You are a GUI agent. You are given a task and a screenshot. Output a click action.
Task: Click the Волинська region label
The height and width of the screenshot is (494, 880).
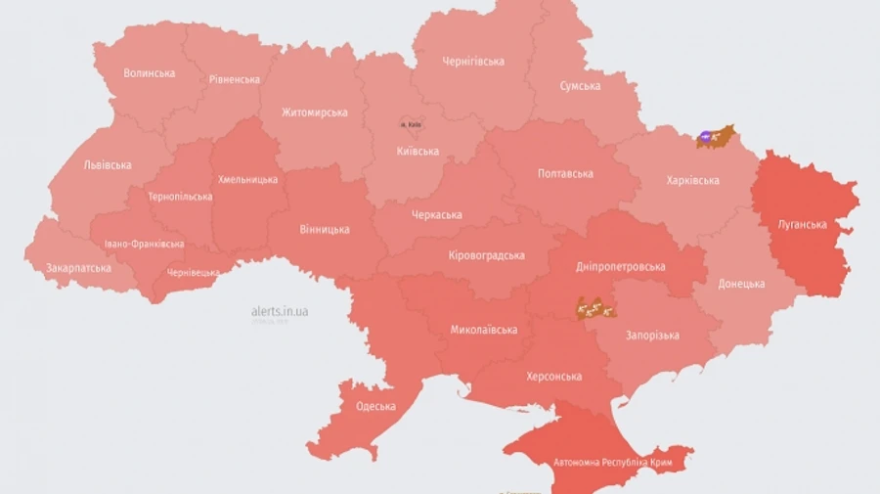pyautogui.click(x=150, y=73)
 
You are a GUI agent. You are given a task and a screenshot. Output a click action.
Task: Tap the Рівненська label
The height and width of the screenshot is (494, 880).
pyautogui.click(x=235, y=79)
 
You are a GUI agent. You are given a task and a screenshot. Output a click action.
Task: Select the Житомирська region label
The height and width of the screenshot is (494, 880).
pyautogui.click(x=315, y=112)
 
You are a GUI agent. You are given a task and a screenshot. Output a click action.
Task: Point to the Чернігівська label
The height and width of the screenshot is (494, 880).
pyautogui.click(x=473, y=62)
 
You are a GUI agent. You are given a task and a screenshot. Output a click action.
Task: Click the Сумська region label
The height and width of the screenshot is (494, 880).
pyautogui.click(x=580, y=86)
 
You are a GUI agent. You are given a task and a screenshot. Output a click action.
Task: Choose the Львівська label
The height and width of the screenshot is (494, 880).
pyautogui.click(x=107, y=164)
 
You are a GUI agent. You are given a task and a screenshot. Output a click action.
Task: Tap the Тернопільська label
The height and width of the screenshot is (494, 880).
pyautogui.click(x=180, y=197)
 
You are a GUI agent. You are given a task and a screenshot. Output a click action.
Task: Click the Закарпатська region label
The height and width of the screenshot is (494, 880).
pyautogui.click(x=78, y=267)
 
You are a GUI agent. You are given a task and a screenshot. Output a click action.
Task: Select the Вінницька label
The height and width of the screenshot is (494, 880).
pyautogui.click(x=325, y=230)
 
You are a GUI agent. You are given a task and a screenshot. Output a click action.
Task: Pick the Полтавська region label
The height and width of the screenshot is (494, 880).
pyautogui.click(x=565, y=174)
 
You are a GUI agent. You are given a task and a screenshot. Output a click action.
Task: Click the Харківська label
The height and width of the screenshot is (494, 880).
pyautogui.click(x=692, y=180)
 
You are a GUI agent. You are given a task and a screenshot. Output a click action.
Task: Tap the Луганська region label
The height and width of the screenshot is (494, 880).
pyautogui.click(x=802, y=224)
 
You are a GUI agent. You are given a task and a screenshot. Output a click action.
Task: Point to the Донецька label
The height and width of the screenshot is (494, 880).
pyautogui.click(x=741, y=284)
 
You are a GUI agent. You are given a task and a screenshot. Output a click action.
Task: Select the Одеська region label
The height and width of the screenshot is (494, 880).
pyautogui.click(x=375, y=406)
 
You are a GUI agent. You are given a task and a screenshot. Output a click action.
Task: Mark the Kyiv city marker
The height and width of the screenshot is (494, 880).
pyautogui.click(x=409, y=124)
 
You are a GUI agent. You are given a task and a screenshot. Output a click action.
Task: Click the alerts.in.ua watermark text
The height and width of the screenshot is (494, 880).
pyautogui.click(x=280, y=311)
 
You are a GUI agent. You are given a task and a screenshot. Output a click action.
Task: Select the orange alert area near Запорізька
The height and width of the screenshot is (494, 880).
pyautogui.click(x=595, y=309)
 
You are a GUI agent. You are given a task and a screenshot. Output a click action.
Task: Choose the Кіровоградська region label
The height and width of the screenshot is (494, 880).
pyautogui.click(x=486, y=255)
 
